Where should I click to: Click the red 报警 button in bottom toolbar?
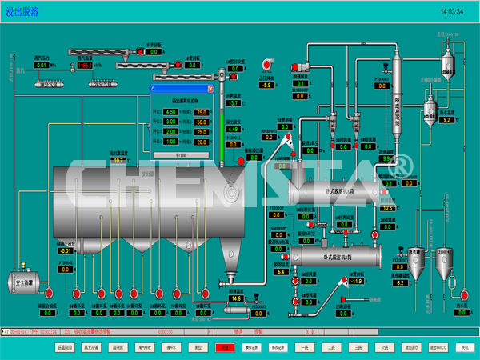click(225, 348)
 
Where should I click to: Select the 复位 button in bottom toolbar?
click(197, 348)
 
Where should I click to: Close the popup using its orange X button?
click(210, 89)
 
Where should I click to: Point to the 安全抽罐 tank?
click(24, 282)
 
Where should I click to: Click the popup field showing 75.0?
click(202, 112)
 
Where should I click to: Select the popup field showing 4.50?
click(170, 112)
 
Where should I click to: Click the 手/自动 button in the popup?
click(182, 155)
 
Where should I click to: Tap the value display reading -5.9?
click(267, 85)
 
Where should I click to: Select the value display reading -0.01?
click(66, 250)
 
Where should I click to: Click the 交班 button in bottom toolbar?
click(385, 348)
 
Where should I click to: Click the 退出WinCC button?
click(437, 348)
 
